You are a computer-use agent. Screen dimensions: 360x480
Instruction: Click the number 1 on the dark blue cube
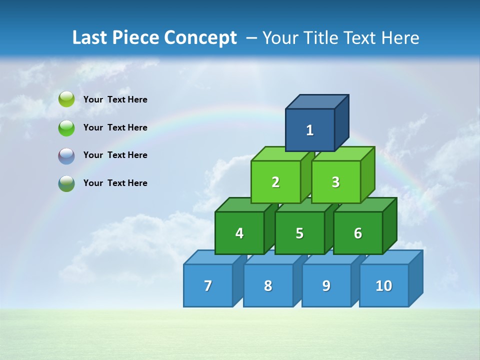310,130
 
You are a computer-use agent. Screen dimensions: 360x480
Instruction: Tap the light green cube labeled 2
275,182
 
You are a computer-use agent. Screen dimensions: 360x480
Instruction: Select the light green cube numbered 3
335,182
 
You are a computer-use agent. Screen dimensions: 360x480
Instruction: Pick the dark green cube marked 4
239,233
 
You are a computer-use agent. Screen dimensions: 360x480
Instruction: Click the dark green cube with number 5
299,233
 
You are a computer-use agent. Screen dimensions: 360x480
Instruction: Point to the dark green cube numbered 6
358,233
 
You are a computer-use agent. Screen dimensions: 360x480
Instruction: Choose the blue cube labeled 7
208,285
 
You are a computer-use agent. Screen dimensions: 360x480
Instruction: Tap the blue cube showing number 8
268,285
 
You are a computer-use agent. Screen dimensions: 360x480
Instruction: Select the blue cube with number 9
326,285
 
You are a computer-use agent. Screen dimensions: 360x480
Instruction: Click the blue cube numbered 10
384,285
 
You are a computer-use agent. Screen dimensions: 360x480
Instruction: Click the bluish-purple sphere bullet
66,156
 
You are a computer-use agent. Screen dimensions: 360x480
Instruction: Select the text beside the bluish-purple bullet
115,155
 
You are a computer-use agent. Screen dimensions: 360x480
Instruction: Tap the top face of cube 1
316,101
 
